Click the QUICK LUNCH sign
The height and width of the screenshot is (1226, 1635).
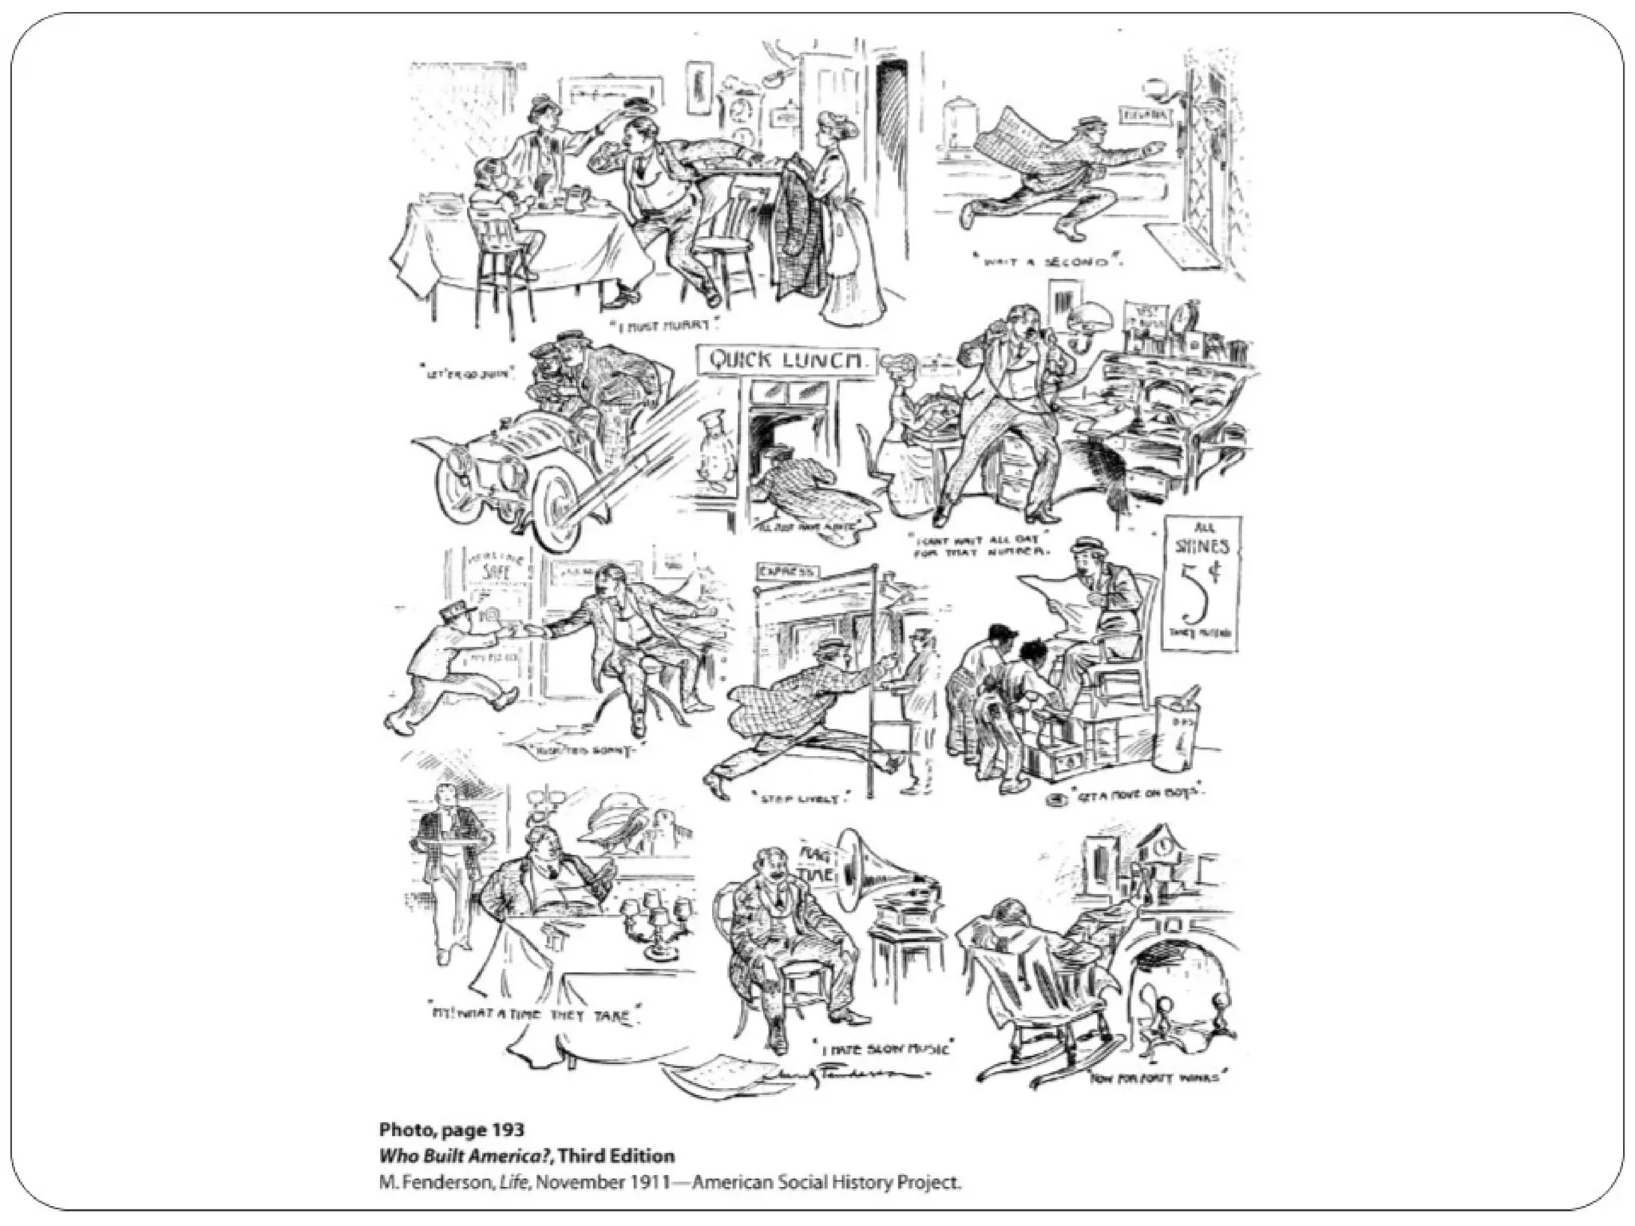pyautogui.click(x=787, y=360)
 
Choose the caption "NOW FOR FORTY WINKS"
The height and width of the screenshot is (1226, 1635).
pyautogui.click(x=1158, y=1077)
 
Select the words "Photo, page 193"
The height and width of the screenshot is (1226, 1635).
pyautogui.click(x=452, y=1129)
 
